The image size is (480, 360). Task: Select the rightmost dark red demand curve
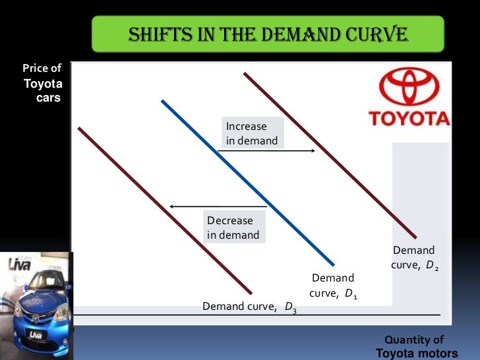point(330,155)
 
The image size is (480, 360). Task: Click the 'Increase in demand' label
point(251,133)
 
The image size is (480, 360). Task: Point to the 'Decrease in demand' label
point(233,227)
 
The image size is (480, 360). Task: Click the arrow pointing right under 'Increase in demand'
point(266,151)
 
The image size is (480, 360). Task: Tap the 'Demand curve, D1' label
point(333,285)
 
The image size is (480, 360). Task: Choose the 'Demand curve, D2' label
point(414,258)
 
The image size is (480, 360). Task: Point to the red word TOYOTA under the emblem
point(409,119)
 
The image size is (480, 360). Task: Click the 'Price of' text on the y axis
point(42,69)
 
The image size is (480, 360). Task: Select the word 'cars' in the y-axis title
point(48,98)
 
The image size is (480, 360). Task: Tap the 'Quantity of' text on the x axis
point(414,340)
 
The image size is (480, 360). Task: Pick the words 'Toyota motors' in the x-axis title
point(417,353)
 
